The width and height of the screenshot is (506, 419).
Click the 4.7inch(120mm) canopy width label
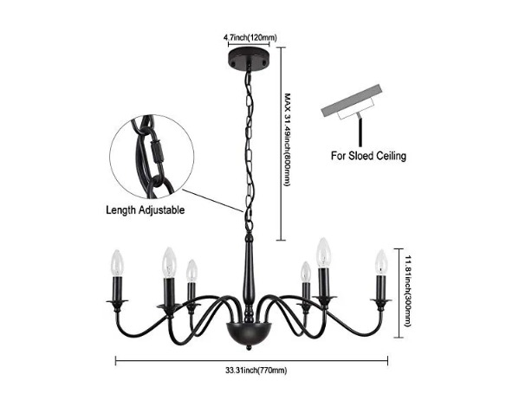pos(250,38)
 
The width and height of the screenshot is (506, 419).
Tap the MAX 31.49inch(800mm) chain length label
pos(287,139)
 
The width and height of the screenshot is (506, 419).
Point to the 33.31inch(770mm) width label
pos(256,371)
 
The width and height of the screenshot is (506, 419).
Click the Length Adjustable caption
pos(146,210)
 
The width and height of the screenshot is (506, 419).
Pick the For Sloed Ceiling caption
pos(368,156)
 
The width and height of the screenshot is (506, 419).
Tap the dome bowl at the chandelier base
pos(249,333)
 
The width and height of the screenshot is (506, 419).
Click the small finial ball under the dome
pos(249,348)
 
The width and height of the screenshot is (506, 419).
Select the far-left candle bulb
pos(118,263)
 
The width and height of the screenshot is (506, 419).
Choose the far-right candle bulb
pos(381,262)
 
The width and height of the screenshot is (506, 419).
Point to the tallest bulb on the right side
pos(324,253)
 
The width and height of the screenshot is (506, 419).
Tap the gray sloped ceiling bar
pos(352,100)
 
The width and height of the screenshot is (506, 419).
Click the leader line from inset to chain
pos(213,201)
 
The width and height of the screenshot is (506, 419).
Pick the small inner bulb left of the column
pos(191,270)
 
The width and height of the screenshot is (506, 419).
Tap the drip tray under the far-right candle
pos(381,301)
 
